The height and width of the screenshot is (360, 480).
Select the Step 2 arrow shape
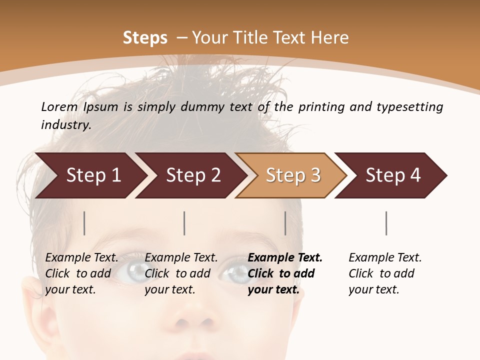click(x=190, y=175)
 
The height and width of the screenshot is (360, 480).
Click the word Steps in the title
click(x=145, y=38)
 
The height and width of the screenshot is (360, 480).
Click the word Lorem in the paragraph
click(x=59, y=106)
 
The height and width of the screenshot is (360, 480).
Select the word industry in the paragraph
click(x=65, y=125)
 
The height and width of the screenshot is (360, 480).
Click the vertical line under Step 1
click(x=84, y=223)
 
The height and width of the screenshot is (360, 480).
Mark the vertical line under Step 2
click(x=184, y=223)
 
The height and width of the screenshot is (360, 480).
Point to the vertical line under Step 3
click(x=285, y=223)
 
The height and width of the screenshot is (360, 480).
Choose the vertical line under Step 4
click(x=386, y=223)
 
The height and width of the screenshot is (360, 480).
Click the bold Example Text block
click(x=284, y=273)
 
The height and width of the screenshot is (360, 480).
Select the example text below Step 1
click(x=81, y=273)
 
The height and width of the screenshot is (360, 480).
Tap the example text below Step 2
click(x=181, y=273)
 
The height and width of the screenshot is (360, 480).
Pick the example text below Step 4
click(x=384, y=273)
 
